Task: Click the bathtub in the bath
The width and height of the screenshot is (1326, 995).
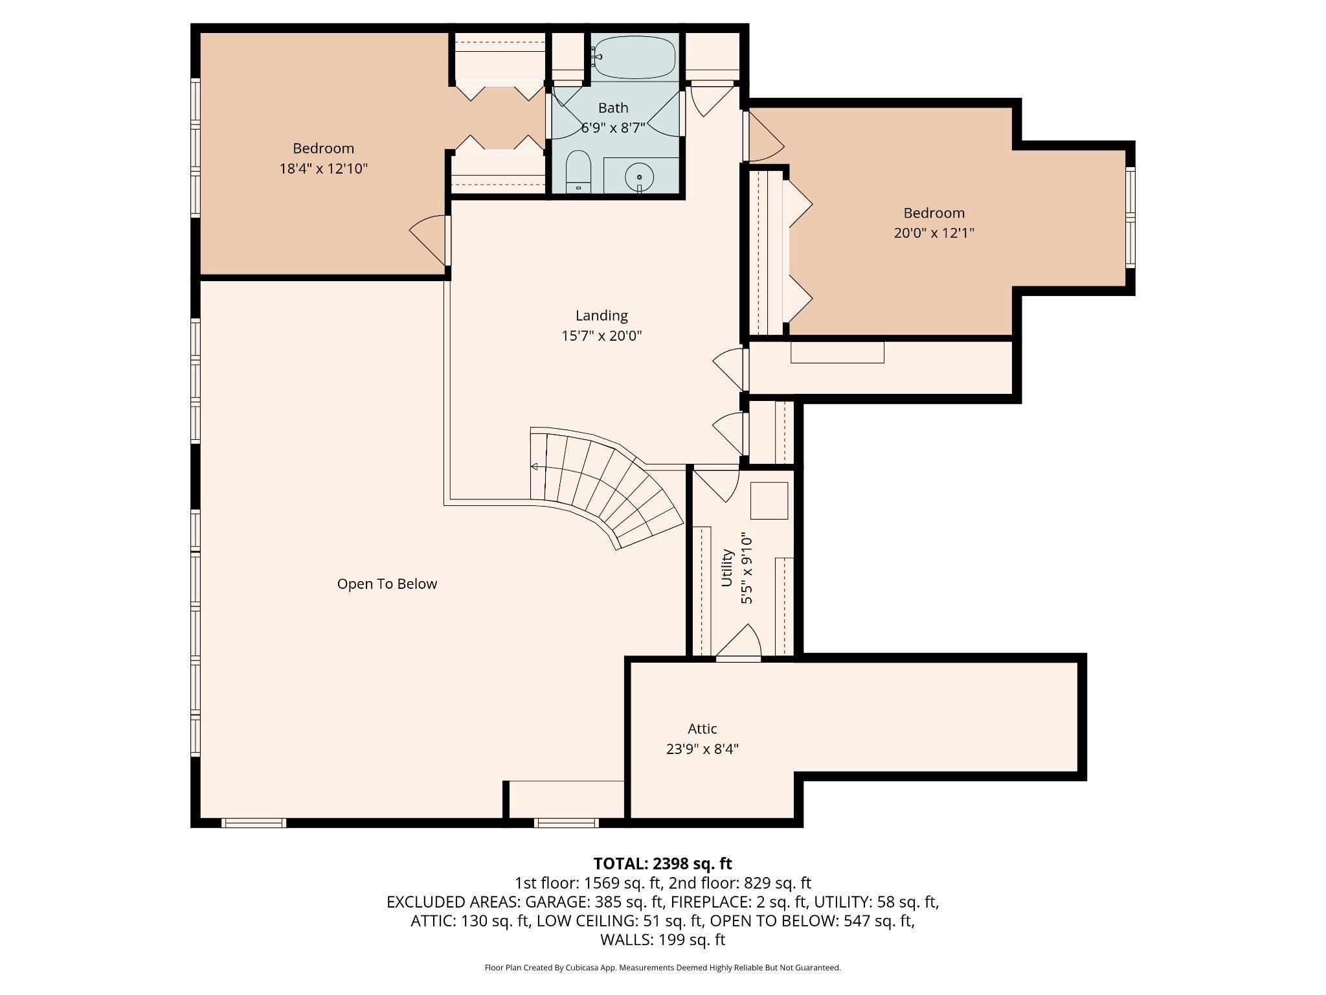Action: click(x=634, y=58)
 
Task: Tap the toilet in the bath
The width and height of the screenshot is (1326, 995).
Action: click(x=578, y=172)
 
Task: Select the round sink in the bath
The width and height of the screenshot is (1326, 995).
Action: click(x=640, y=176)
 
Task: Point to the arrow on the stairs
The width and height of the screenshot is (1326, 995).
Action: click(x=535, y=466)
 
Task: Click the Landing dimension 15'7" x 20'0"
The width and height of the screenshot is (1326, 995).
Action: click(x=601, y=336)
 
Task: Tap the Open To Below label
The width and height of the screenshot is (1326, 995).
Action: click(x=387, y=584)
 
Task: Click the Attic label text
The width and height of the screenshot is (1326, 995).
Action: click(x=702, y=729)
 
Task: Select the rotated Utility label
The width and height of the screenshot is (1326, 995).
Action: click(x=727, y=568)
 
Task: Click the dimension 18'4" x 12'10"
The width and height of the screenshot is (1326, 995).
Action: click(x=323, y=169)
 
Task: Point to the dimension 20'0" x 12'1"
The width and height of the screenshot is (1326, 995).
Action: click(x=934, y=233)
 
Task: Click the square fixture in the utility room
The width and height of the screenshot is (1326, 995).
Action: click(x=769, y=501)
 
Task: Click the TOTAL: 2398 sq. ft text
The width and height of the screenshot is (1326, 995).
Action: click(x=662, y=863)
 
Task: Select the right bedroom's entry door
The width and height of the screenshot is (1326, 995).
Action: click(x=764, y=136)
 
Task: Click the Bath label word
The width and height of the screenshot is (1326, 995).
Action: click(x=612, y=108)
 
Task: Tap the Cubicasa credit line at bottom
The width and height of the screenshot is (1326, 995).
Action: click(x=662, y=968)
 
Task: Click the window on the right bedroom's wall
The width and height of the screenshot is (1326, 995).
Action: click(x=1130, y=217)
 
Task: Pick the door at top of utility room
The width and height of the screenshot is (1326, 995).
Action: click(x=716, y=483)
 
